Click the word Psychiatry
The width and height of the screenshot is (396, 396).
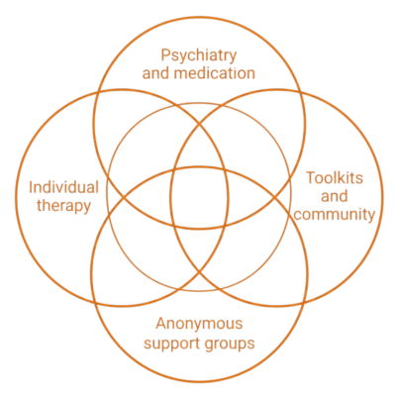pyautogui.click(x=199, y=56)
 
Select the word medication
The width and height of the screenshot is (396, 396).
pyautogui.click(x=215, y=73)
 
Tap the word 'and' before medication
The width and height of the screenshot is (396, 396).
pyautogui.click(x=156, y=73)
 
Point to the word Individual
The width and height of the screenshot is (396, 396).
pyautogui.click(x=63, y=187)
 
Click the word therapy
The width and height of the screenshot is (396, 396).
pyautogui.click(x=63, y=206)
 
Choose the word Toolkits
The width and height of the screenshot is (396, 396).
pyautogui.click(x=335, y=178)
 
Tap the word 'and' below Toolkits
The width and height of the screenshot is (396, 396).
pyautogui.click(x=335, y=196)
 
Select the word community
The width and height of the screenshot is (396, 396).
pyautogui.click(x=335, y=215)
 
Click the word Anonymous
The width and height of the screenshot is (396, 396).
pyautogui.click(x=199, y=324)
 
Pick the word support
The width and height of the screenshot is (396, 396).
pyautogui.click(x=168, y=344)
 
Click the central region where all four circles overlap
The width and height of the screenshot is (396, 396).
pyautogui.click(x=199, y=197)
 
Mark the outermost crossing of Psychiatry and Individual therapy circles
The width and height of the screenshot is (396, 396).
pyautogui.click(x=98, y=92)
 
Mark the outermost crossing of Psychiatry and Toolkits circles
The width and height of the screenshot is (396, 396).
pyautogui.click(x=300, y=92)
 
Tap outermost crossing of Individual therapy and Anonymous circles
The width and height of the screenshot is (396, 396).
pyautogui.click(x=95, y=303)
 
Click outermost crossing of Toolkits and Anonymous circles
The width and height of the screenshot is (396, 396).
pyautogui.click(x=304, y=303)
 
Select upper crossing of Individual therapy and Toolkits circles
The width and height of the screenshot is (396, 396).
pyautogui.click(x=199, y=125)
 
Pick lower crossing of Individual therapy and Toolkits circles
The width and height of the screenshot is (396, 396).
pyautogui.click(x=199, y=271)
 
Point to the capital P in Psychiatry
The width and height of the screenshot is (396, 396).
pyautogui.click(x=165, y=55)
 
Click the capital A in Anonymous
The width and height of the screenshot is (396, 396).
pyautogui.click(x=161, y=324)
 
